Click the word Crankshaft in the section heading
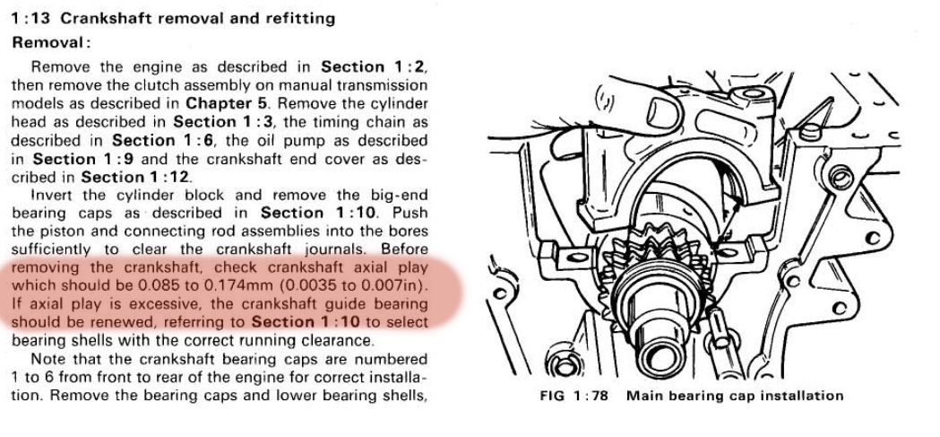point(107,18)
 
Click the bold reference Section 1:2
point(374,67)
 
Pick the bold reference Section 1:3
point(218,121)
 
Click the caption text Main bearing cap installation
point(735,396)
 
